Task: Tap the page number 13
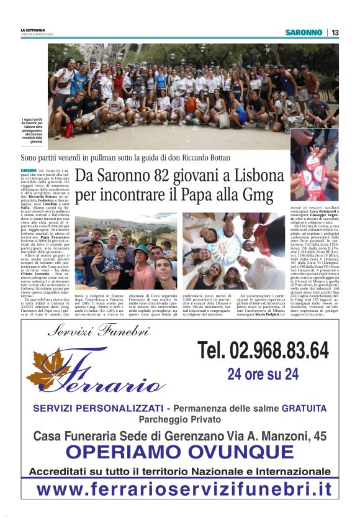pos(335,32)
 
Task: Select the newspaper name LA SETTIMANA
pos(33,29)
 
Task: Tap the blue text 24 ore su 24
pos(263,374)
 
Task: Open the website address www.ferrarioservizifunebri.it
pos(180,489)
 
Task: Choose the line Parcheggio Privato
pos(180,419)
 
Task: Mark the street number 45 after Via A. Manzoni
pos(320,436)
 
